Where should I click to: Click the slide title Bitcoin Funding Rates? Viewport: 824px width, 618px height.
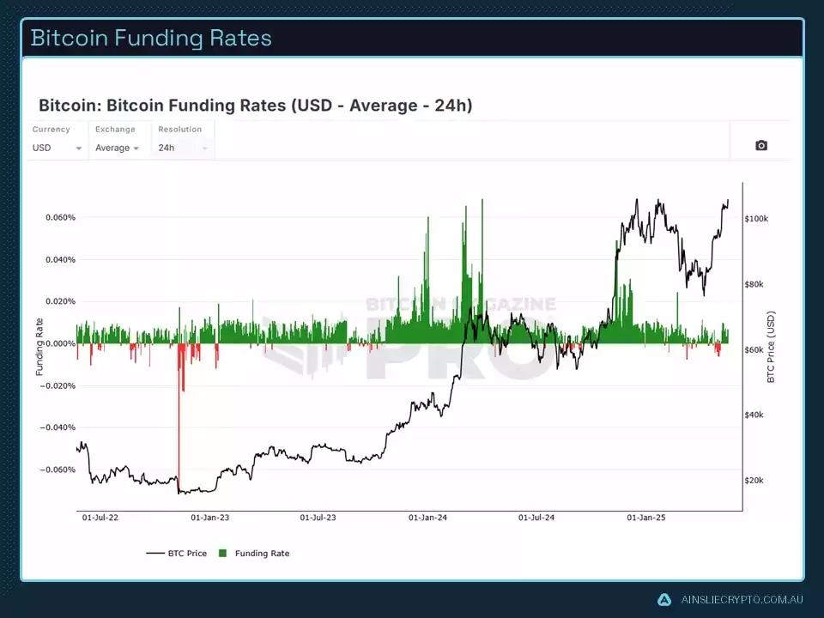click(x=151, y=38)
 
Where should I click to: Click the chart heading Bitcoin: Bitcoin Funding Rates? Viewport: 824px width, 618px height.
click(x=255, y=106)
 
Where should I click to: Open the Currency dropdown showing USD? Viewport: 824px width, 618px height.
click(x=57, y=148)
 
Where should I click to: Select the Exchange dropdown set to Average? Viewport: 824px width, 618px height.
click(x=118, y=148)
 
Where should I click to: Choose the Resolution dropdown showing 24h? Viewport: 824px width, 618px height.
click(x=182, y=148)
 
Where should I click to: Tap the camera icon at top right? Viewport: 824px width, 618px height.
click(x=760, y=146)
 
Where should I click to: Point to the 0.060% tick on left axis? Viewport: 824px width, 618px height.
click(x=60, y=217)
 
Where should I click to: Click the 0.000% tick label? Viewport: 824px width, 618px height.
click(x=60, y=343)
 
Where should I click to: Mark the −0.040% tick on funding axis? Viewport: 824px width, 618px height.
click(x=58, y=427)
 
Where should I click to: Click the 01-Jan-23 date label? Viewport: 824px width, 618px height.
click(x=209, y=518)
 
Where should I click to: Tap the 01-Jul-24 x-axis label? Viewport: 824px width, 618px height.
click(x=536, y=518)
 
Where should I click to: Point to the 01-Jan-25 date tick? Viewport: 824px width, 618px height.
click(x=645, y=518)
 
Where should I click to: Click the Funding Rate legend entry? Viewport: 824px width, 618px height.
click(x=261, y=554)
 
